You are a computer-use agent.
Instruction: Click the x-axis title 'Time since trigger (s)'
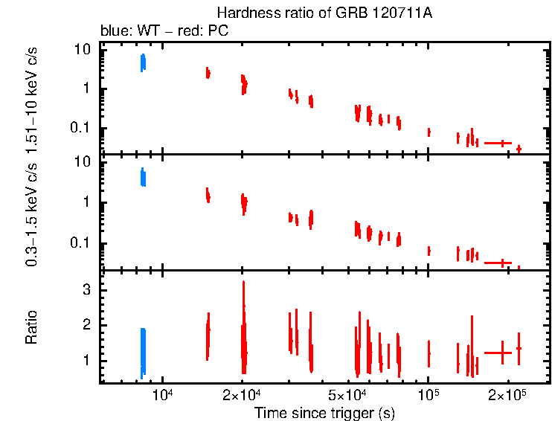pos(324,411)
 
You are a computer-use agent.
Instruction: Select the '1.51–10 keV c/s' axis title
pos(31,101)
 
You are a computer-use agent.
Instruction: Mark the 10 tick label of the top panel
pos(82,49)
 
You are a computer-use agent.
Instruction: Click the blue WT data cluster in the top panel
pos(143,62)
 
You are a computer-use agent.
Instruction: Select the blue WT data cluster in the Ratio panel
pos(143,353)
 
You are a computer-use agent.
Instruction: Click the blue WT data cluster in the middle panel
pos(143,177)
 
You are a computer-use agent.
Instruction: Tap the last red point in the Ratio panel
pos(519,348)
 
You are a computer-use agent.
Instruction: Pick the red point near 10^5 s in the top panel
pos(429,132)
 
